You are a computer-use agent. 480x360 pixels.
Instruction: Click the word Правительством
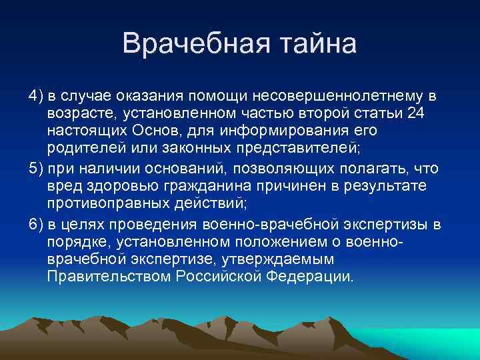coord(110,275)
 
